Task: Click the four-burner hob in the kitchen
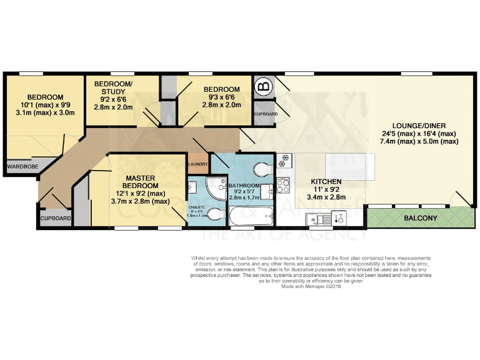pos(282,185)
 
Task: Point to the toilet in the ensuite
pos(214,215)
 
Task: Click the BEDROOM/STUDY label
pos(113,88)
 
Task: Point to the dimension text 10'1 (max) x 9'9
pos(45,105)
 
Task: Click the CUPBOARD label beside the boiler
pos(265,114)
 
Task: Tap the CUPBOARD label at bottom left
pos(56,218)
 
